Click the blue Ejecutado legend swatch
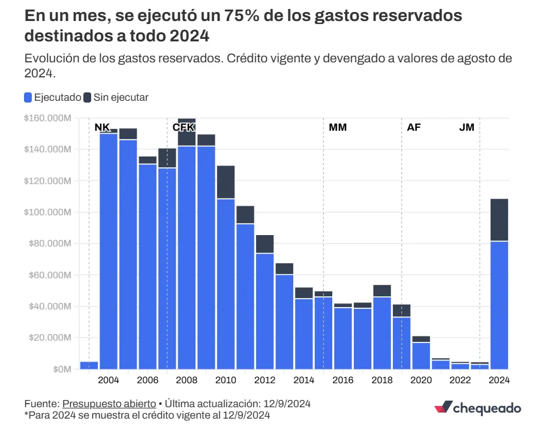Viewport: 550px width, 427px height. point(28,97)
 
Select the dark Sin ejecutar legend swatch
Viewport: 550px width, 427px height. point(88,97)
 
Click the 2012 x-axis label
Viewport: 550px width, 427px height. point(265,380)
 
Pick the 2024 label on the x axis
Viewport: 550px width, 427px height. point(499,380)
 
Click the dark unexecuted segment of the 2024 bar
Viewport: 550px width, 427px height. point(499,219)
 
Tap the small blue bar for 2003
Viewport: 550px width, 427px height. point(89,365)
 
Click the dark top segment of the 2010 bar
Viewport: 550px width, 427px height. point(226,182)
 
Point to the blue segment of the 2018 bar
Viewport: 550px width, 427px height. point(382,333)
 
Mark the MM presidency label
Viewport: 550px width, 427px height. point(338,128)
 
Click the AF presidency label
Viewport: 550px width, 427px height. point(414,128)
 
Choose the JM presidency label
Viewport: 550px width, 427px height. point(467,128)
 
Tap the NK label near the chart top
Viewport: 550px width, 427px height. point(102,127)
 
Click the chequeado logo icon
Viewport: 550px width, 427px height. point(443,408)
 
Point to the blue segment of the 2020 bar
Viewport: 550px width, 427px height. point(421,356)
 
